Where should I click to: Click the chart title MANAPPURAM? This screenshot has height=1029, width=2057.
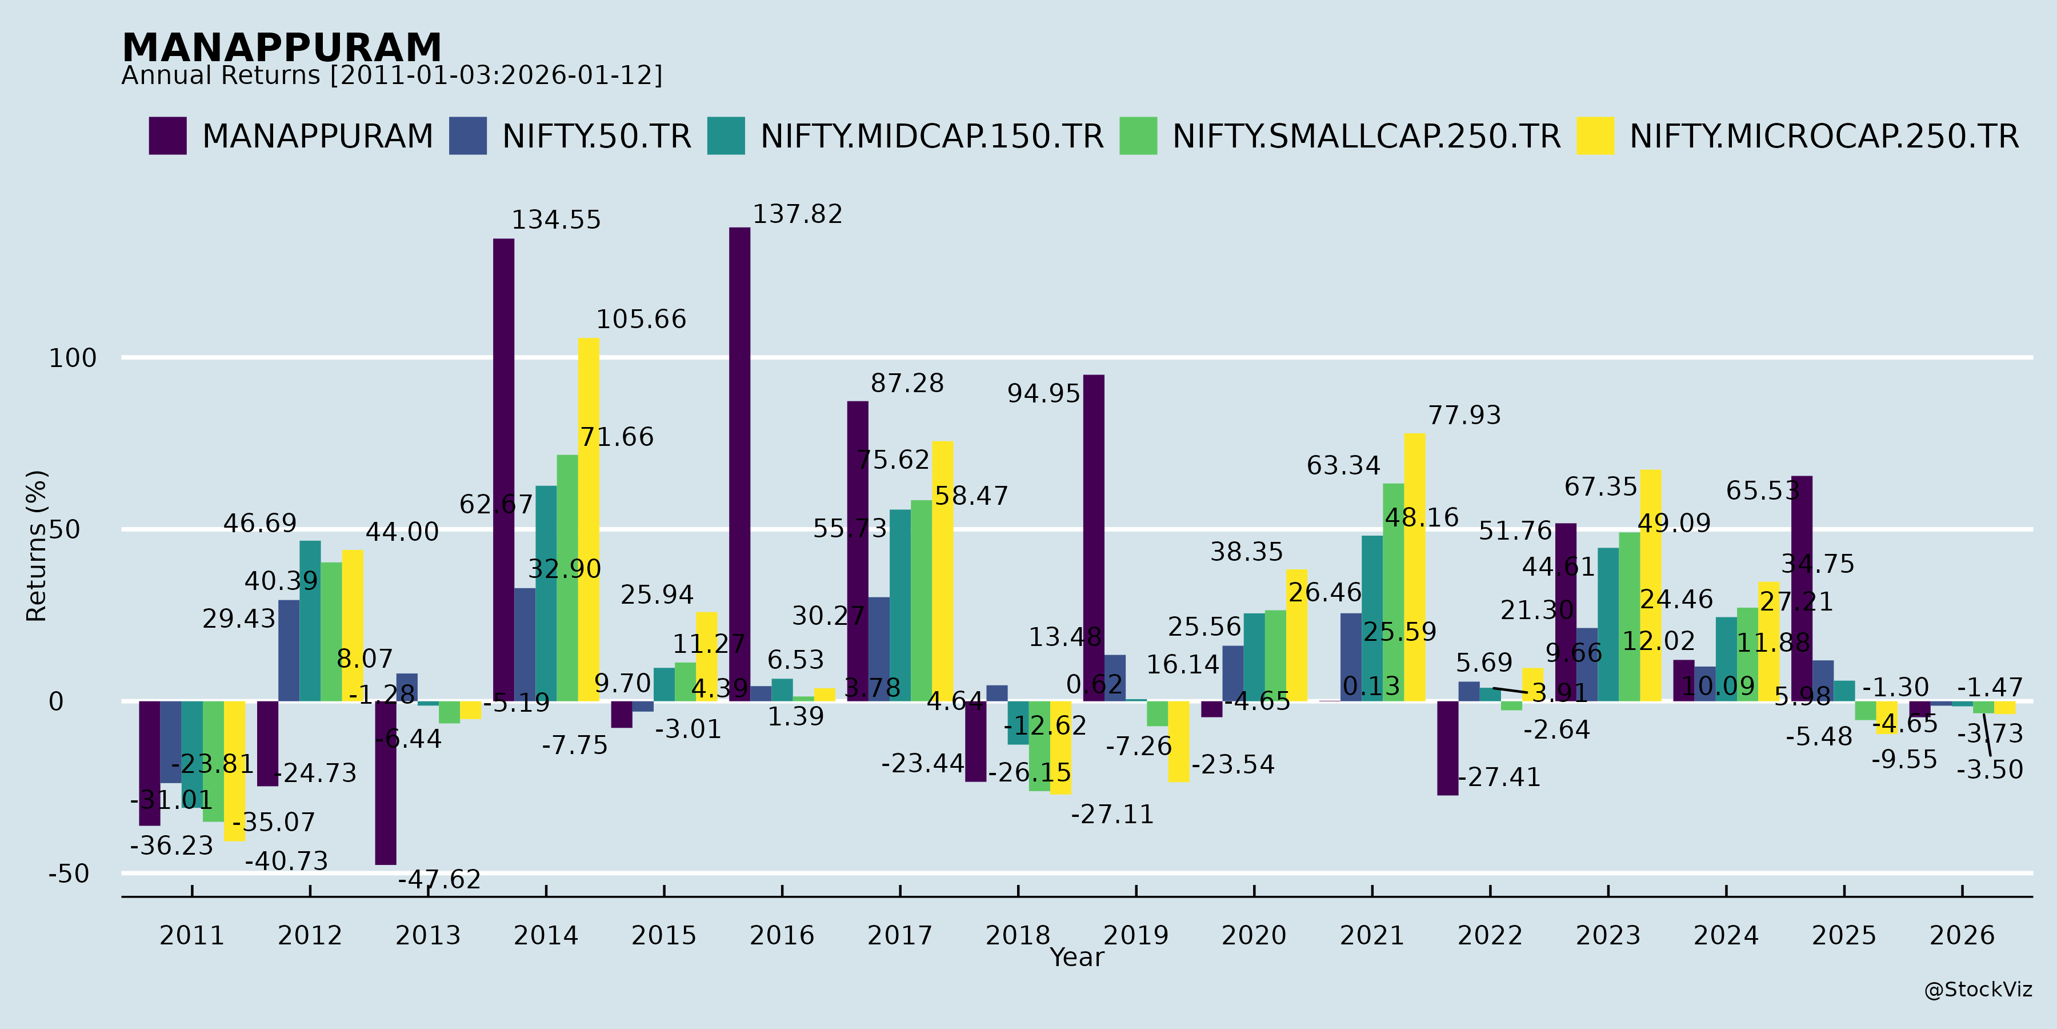tap(281, 48)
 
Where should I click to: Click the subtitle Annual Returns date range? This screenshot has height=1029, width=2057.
tap(391, 76)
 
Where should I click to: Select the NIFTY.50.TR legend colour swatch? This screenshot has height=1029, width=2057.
tap(467, 136)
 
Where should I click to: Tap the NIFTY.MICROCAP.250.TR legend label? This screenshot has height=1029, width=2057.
tap(1824, 137)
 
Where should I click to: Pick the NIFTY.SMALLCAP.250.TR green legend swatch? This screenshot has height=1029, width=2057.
tap(1138, 136)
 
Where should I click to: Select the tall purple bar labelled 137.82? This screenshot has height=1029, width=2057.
tap(739, 464)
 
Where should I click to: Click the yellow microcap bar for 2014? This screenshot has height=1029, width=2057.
tap(589, 519)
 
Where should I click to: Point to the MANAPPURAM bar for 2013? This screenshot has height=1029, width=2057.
tap(386, 783)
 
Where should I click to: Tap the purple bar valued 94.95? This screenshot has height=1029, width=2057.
tap(1093, 538)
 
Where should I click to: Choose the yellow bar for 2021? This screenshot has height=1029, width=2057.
tap(1414, 567)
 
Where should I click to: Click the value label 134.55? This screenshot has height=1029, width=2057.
tap(556, 221)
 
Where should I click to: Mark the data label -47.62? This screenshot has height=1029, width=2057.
tap(439, 880)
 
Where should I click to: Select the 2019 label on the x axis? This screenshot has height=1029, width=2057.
tap(1135, 935)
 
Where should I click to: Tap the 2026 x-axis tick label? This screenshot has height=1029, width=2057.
tap(1962, 935)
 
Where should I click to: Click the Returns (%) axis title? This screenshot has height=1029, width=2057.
tap(37, 546)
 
